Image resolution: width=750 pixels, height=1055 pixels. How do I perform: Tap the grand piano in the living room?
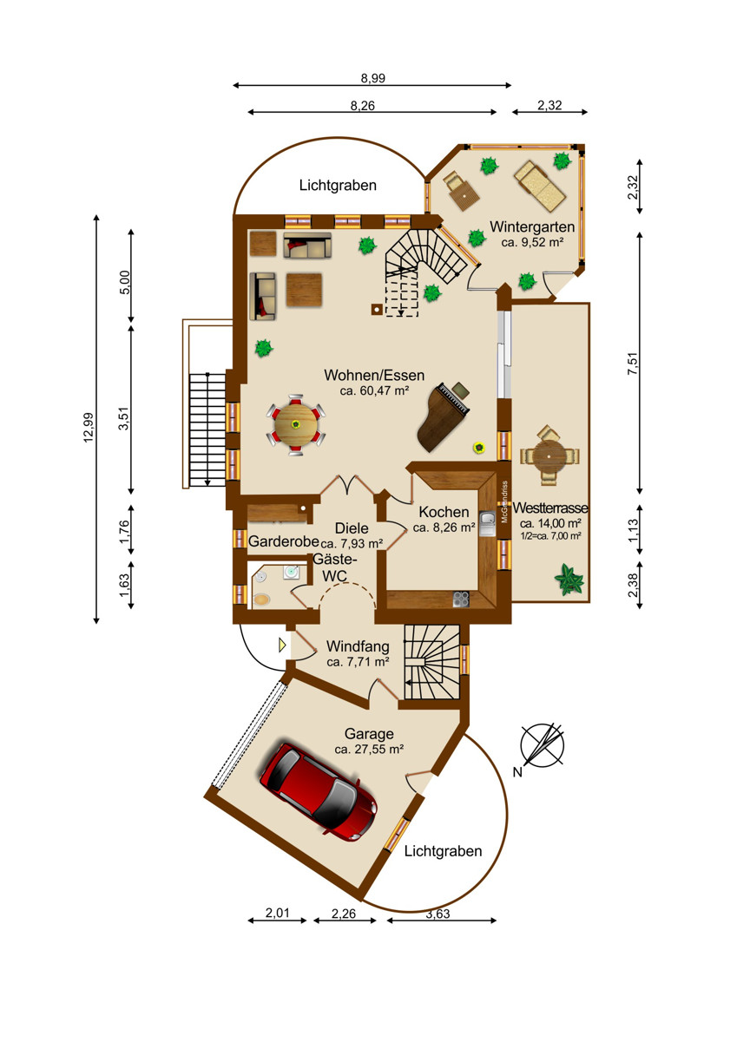(x=443, y=416)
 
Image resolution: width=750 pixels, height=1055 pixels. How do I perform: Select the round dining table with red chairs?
(x=296, y=424)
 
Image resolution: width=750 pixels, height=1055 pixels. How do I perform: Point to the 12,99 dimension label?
(x=89, y=427)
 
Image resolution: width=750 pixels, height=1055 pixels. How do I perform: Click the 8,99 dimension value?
(x=372, y=78)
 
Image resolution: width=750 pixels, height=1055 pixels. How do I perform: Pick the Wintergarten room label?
(x=532, y=226)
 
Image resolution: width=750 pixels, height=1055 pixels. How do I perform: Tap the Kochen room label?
(x=444, y=512)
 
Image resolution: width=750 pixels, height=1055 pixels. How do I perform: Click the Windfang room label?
(x=358, y=646)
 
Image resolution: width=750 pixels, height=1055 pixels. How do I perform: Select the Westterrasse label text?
(x=549, y=508)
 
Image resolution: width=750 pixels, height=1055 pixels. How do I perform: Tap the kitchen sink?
(x=487, y=524)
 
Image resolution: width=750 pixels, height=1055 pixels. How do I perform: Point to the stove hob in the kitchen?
(x=461, y=599)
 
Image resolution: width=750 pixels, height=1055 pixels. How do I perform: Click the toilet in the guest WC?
(x=261, y=600)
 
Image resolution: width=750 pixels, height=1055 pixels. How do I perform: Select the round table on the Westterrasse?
(x=549, y=455)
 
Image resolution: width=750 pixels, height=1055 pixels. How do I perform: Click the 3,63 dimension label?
(x=437, y=914)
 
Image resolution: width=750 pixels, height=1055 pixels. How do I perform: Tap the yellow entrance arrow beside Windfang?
(x=282, y=645)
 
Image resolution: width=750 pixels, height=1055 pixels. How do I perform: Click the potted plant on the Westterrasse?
(x=569, y=580)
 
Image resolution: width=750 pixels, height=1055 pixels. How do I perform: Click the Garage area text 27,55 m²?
(x=376, y=750)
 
